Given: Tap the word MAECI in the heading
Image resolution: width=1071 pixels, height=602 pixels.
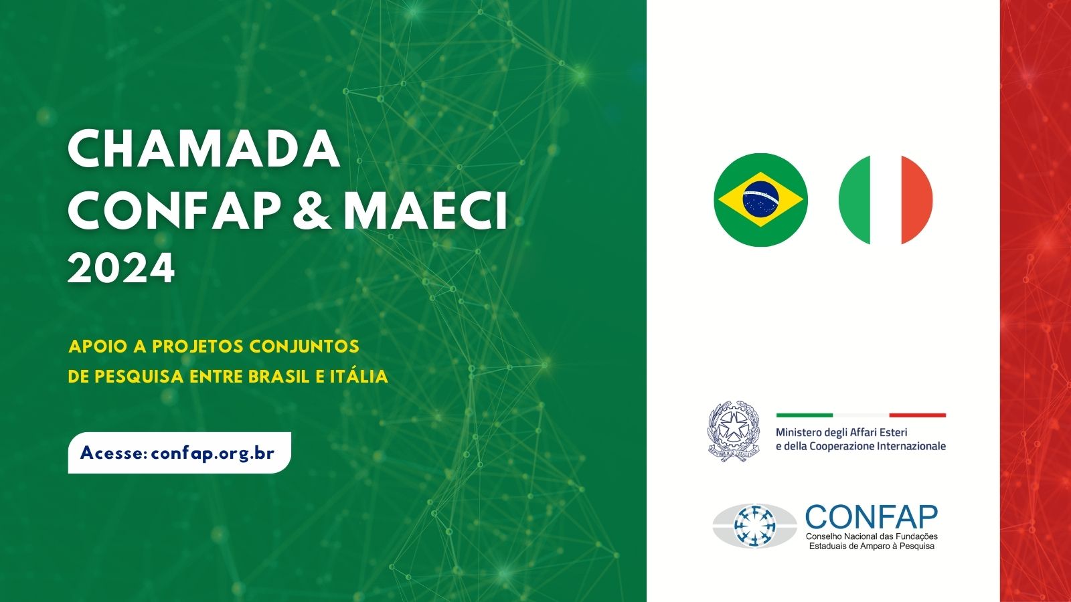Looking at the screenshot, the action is point(426,211).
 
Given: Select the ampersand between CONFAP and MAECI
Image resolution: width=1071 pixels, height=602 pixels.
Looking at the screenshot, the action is point(311,211).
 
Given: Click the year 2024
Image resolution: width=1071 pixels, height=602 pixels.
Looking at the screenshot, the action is point(121,269).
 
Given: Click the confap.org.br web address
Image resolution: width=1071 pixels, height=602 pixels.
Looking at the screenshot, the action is point(213,453).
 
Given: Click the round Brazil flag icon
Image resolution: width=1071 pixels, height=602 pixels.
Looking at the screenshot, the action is point(760,200).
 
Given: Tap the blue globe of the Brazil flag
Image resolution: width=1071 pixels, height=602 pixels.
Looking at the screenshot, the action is point(760,199).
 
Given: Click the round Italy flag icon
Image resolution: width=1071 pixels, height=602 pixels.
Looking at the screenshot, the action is point(886,200).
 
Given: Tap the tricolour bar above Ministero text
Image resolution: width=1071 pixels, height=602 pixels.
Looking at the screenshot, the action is point(861,415).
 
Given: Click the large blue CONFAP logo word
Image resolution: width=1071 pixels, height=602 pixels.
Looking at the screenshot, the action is point(872,518).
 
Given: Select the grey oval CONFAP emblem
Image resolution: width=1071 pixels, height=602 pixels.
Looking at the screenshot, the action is point(754,526).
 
